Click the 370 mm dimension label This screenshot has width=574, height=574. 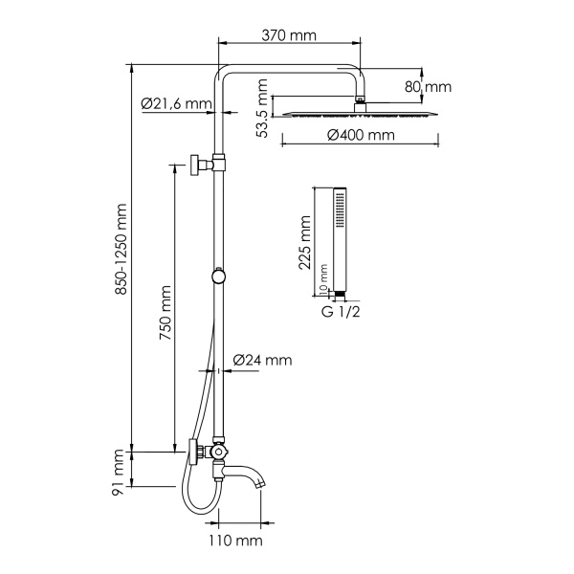(x=290, y=35)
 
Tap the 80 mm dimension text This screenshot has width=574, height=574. (x=427, y=87)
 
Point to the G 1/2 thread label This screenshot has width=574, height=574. (x=340, y=311)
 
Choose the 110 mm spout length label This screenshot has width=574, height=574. (x=236, y=542)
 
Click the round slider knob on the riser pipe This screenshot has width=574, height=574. (x=220, y=276)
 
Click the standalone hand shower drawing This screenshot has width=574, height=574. (x=338, y=239)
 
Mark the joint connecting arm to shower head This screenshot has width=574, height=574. (x=359, y=98)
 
